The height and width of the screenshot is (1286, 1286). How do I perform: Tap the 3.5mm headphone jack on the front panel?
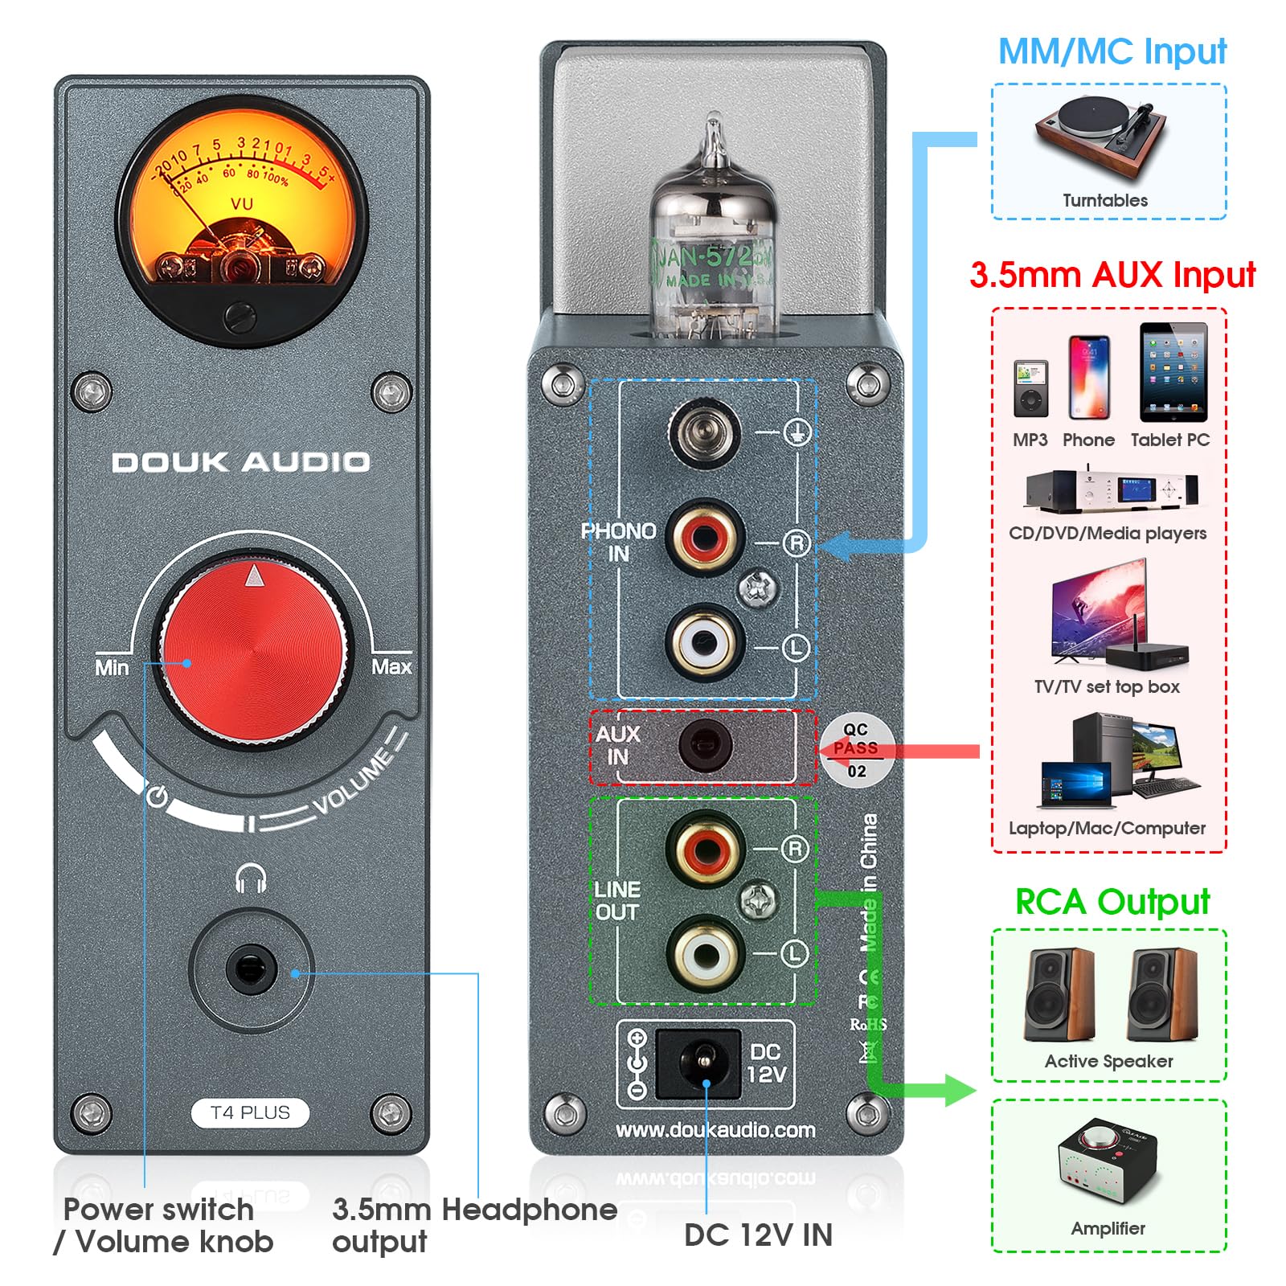coord(251,969)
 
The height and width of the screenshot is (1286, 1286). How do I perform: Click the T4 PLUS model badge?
coord(250,1112)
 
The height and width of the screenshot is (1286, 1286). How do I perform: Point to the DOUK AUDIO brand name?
coord(241,462)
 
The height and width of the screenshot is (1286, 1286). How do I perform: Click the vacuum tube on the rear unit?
coord(712,241)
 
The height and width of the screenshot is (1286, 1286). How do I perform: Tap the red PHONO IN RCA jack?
coord(704,536)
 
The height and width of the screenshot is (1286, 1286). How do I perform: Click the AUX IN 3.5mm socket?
coord(705,746)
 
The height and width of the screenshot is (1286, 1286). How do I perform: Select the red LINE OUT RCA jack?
coord(706,849)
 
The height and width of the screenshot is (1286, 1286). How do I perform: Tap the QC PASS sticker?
coord(855,749)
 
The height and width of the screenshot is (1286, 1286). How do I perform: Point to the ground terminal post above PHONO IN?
coord(704,432)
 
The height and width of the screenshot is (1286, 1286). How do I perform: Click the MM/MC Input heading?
coord(1112,51)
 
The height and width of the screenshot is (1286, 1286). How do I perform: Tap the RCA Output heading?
coord(1112,902)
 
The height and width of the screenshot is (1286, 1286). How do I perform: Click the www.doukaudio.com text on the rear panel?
coord(715,1130)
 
